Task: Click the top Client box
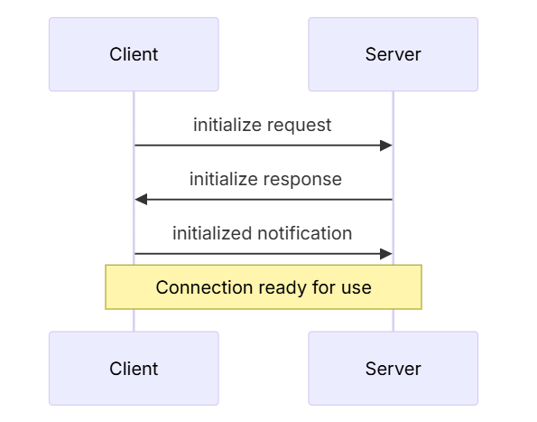134,54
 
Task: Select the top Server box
393,54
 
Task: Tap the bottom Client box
134,369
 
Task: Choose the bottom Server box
393,369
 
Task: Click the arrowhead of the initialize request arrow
386,145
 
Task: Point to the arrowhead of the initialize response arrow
141,199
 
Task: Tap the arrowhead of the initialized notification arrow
386,254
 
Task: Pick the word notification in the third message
305,233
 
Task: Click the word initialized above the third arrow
213,233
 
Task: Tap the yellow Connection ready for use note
264,287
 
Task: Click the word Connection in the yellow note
205,287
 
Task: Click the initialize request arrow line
264,145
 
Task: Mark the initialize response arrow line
264,199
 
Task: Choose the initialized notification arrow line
264,254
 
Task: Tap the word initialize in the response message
225,179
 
